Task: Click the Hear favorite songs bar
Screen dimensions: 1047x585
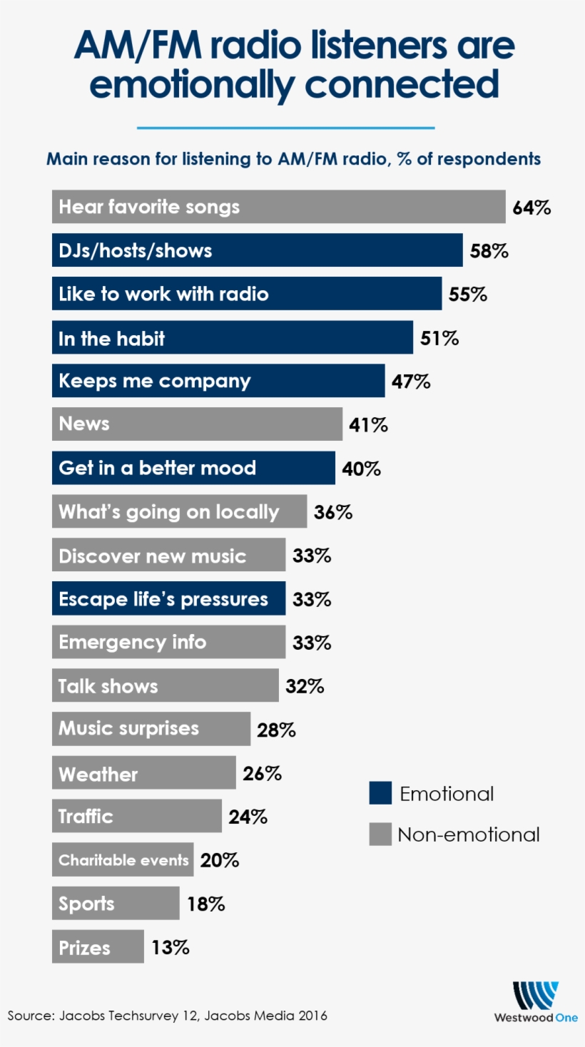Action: point(278,207)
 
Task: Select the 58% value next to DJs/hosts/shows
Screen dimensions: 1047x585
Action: point(489,251)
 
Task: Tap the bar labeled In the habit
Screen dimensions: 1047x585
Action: point(232,337)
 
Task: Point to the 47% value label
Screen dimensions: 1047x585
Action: point(411,382)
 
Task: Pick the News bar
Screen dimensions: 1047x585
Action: point(197,424)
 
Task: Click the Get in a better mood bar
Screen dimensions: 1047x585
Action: point(193,468)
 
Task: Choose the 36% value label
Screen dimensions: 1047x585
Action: point(333,512)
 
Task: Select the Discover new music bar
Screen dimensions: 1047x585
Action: point(168,556)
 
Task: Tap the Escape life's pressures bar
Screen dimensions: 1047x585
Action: point(168,599)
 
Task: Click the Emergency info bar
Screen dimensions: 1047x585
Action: point(168,643)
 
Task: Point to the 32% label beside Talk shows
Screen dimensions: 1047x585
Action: point(305,686)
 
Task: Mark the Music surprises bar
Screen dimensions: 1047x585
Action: point(151,729)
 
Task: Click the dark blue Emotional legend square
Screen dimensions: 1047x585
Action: point(380,794)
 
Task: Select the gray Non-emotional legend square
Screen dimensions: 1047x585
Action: point(380,834)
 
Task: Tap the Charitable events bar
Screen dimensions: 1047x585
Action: point(122,860)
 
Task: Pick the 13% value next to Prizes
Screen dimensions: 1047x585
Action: point(171,947)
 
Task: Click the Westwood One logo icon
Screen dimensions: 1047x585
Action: point(535,995)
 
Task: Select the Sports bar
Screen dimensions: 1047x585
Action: point(115,904)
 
